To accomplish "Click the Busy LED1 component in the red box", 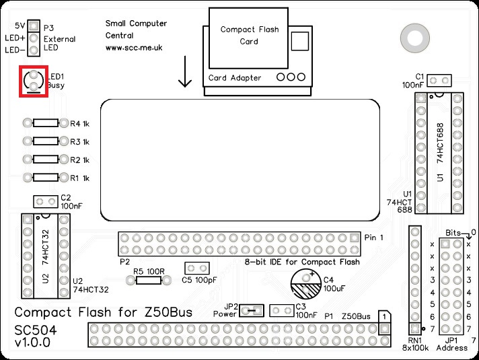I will click(32, 81).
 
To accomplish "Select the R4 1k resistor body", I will click(46, 123).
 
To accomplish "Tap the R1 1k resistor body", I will click(46, 178).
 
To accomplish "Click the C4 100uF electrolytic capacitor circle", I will click(306, 284).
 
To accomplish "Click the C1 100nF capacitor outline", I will click(439, 81).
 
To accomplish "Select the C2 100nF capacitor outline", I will click(46, 202).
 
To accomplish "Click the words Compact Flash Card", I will click(248, 36).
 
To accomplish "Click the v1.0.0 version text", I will click(32, 343).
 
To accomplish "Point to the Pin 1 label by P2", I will click(373, 238).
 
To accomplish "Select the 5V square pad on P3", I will click(32, 26).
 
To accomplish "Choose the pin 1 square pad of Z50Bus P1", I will click(384, 329).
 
